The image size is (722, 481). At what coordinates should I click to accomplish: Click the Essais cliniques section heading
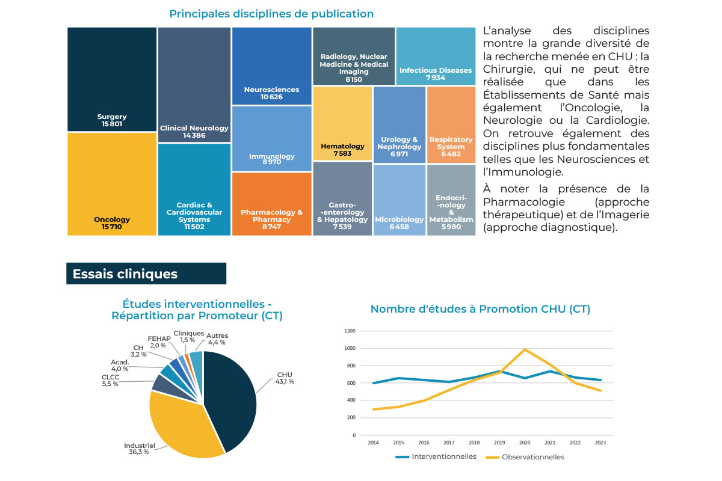click(125, 274)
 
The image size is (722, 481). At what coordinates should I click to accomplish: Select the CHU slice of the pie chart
click(232, 397)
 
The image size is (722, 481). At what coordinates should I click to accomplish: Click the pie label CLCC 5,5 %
click(110, 380)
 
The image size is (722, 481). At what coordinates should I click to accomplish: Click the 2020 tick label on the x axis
click(525, 443)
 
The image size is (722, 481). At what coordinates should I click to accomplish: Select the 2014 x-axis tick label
click(374, 443)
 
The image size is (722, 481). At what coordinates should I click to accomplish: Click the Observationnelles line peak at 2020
click(525, 349)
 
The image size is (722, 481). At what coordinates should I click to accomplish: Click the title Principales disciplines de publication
click(271, 13)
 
